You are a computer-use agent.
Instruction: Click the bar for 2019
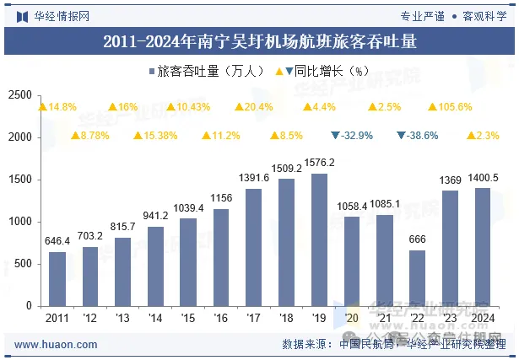(319, 239)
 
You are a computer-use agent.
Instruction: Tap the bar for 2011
(57, 278)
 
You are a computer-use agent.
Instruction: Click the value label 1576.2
(319, 163)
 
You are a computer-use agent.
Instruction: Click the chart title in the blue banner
(259, 40)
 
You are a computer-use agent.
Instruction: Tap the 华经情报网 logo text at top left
(54, 15)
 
